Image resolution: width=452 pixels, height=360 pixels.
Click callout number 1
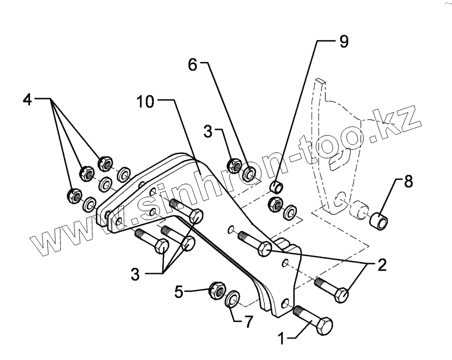point(282,339)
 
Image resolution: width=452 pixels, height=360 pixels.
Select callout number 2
point(381,265)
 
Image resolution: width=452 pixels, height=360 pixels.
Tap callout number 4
point(27,99)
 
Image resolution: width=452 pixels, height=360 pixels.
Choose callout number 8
point(408,182)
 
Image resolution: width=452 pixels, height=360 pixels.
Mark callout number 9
point(343,41)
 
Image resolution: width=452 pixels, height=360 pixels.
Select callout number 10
point(146,102)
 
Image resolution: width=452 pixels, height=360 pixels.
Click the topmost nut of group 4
point(105,161)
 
